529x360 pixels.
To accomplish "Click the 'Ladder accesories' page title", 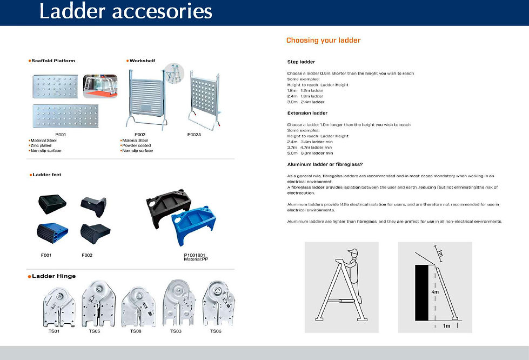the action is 126,11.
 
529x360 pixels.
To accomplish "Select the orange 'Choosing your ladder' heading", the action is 323,41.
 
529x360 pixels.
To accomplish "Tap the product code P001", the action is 61,134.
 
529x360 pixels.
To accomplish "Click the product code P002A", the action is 195,134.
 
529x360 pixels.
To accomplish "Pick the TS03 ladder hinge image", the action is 177,304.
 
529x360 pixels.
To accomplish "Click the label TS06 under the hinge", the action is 216,331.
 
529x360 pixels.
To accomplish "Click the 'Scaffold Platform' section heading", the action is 53,61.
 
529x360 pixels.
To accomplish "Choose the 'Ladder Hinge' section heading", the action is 53,276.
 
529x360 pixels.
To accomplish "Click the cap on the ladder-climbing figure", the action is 353,252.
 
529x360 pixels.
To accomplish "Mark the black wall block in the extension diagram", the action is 425,292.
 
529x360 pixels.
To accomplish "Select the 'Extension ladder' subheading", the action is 307,113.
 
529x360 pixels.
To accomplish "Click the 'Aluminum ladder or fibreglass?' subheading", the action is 324,164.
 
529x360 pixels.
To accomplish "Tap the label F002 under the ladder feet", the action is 88,255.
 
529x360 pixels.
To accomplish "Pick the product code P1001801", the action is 195,255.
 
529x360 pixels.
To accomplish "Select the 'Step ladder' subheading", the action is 301,62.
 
